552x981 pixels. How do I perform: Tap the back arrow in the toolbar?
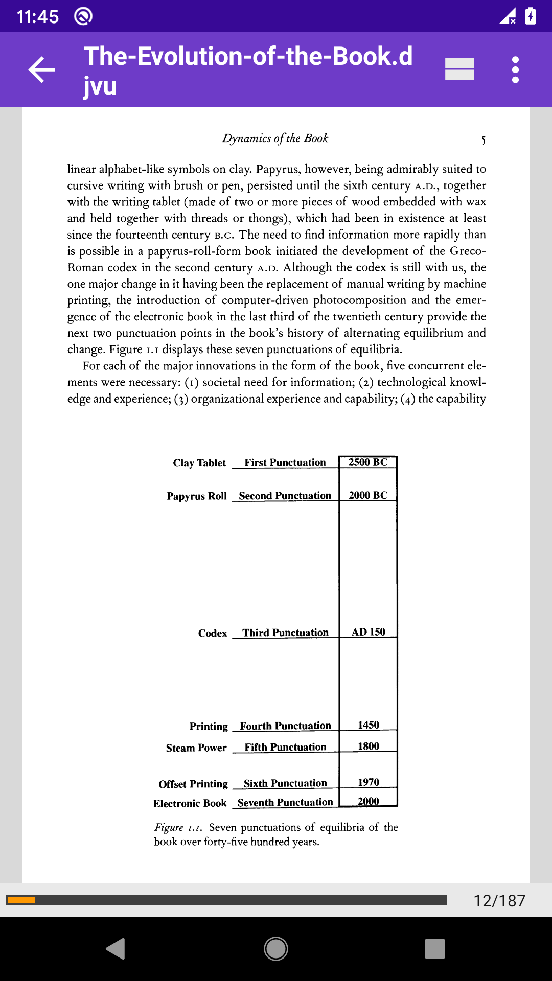point(42,69)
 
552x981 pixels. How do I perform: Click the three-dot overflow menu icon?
point(515,69)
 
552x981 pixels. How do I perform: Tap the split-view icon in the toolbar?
point(459,69)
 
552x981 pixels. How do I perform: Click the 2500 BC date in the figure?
point(368,462)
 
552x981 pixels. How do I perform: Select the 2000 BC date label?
point(368,495)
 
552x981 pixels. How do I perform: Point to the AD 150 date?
point(369,632)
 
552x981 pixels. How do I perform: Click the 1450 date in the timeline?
point(369,725)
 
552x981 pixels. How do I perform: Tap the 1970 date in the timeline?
point(369,782)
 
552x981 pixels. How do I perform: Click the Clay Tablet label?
point(199,463)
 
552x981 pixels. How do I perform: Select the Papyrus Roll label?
point(197,496)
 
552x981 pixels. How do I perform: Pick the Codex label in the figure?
point(213,633)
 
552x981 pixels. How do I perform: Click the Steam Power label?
point(196,748)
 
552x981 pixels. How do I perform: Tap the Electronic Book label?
point(190,803)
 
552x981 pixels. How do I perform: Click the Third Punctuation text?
point(285,633)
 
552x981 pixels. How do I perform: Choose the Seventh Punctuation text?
point(285,803)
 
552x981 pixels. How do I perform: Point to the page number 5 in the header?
point(483,139)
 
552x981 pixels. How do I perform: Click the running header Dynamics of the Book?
point(275,138)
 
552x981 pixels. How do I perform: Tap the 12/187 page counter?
point(499,900)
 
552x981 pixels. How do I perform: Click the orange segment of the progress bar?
point(21,900)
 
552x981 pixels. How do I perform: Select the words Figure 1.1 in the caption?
point(178,827)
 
